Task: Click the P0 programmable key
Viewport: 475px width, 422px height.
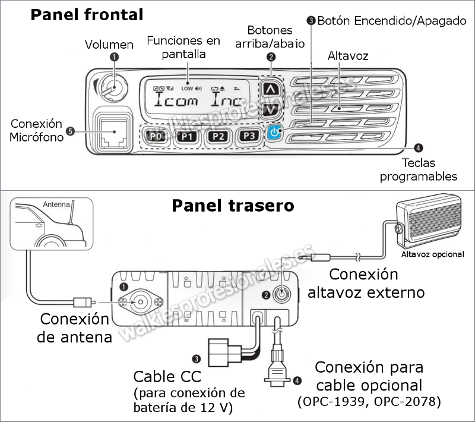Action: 156,136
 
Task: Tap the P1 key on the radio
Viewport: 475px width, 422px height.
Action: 187,136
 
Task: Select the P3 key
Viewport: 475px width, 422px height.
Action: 249,136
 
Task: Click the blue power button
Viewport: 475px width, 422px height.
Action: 274,133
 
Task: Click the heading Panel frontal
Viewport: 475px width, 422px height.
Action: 87,14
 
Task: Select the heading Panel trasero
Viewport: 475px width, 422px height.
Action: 233,206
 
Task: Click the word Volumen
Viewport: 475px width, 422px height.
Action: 109,44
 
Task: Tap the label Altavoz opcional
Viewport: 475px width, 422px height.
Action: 432,254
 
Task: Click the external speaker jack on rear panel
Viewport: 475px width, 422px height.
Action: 281,294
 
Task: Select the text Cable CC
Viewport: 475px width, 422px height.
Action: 167,376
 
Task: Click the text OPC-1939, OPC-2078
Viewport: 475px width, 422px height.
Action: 369,402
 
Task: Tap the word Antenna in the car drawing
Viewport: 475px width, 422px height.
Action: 56,204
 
